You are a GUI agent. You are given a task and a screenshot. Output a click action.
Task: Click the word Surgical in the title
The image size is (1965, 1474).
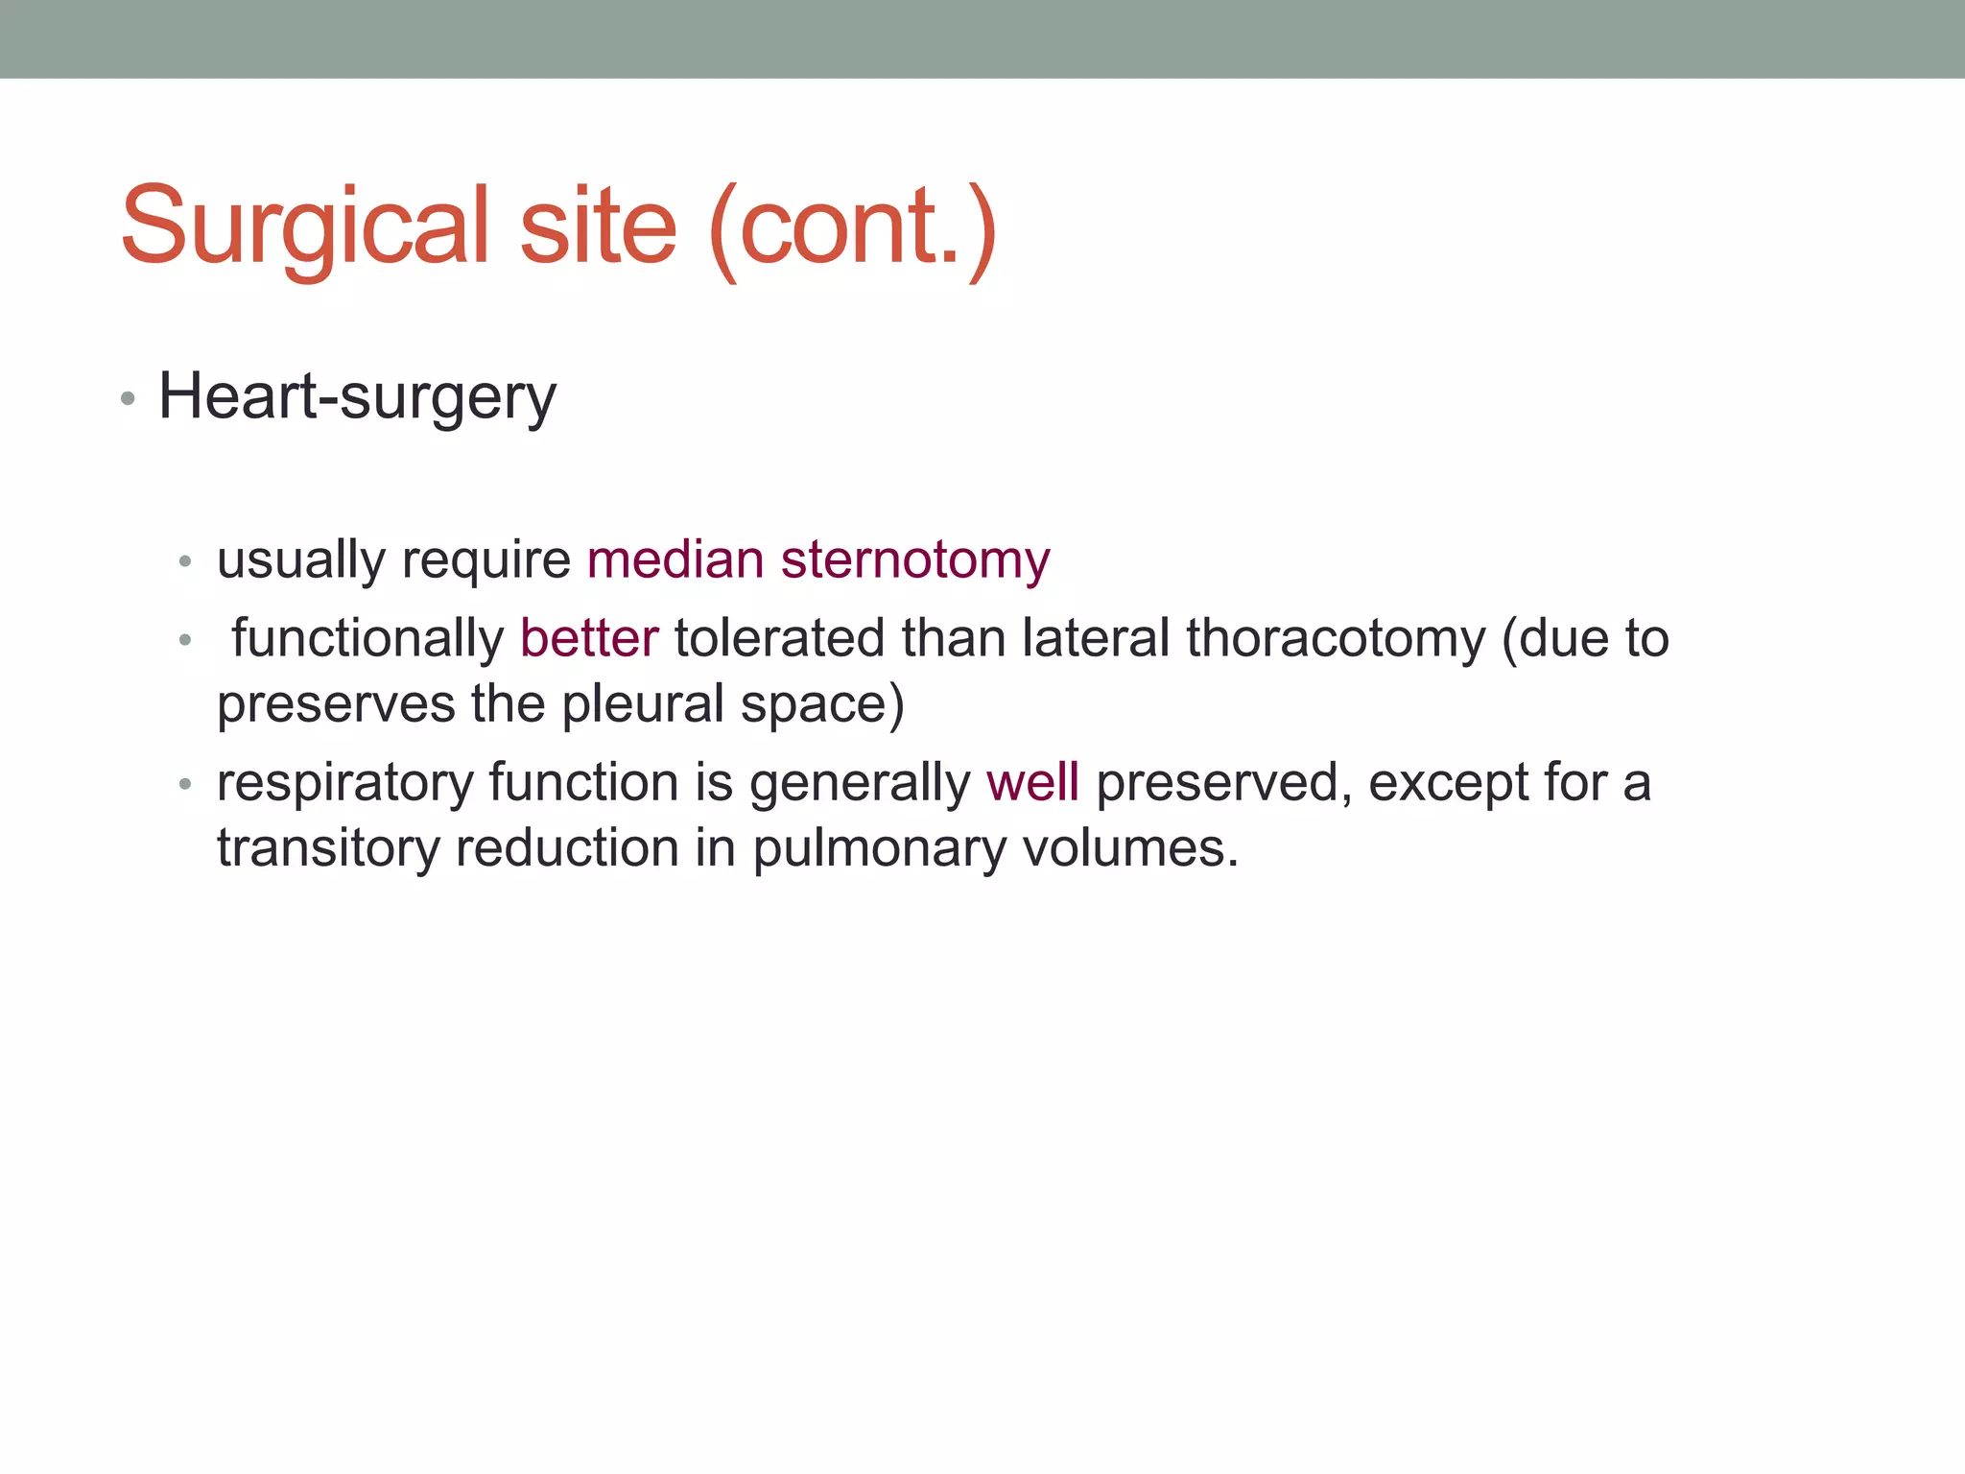305,227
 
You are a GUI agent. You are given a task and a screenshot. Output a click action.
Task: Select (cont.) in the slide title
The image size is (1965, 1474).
853,227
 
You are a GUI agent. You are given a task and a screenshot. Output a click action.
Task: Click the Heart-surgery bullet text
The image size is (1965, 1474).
357,397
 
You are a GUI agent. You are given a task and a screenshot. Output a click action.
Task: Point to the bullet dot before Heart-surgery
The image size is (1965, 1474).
129,399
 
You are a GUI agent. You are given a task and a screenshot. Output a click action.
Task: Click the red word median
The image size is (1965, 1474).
675,559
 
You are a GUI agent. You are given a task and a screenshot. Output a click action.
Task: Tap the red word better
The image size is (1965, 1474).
589,638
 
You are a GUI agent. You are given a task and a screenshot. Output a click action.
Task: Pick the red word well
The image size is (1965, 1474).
1032,782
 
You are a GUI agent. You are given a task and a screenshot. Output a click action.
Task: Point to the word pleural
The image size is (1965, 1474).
643,705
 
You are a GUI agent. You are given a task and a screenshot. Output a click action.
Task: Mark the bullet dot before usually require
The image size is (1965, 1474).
186,561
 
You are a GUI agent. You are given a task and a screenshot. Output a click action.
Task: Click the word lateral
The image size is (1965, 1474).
1096,638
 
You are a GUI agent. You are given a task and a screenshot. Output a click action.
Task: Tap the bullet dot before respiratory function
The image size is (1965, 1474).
186,784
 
